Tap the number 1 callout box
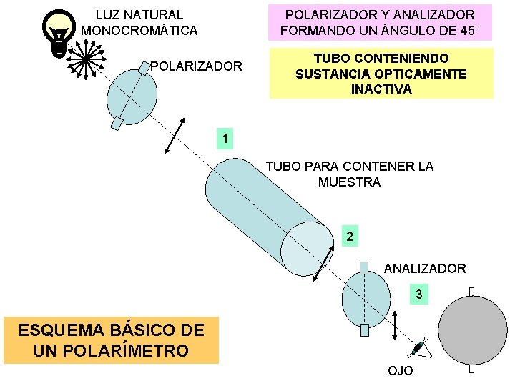pyautogui.click(x=225, y=138)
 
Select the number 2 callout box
pyautogui.click(x=348, y=236)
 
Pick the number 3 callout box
pyautogui.click(x=419, y=294)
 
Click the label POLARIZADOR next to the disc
pyautogui.click(x=196, y=66)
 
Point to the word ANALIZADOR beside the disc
pyautogui.click(x=425, y=269)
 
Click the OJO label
pyautogui.click(x=400, y=370)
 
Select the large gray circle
pyautogui.click(x=472, y=329)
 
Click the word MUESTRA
pyautogui.click(x=349, y=182)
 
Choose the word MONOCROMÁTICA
pyautogui.click(x=139, y=31)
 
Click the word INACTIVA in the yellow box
pyautogui.click(x=381, y=89)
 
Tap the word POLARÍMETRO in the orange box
pyautogui.click(x=111, y=350)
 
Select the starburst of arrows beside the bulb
pyautogui.click(x=85, y=56)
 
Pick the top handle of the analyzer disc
pyautogui.click(x=364, y=268)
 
